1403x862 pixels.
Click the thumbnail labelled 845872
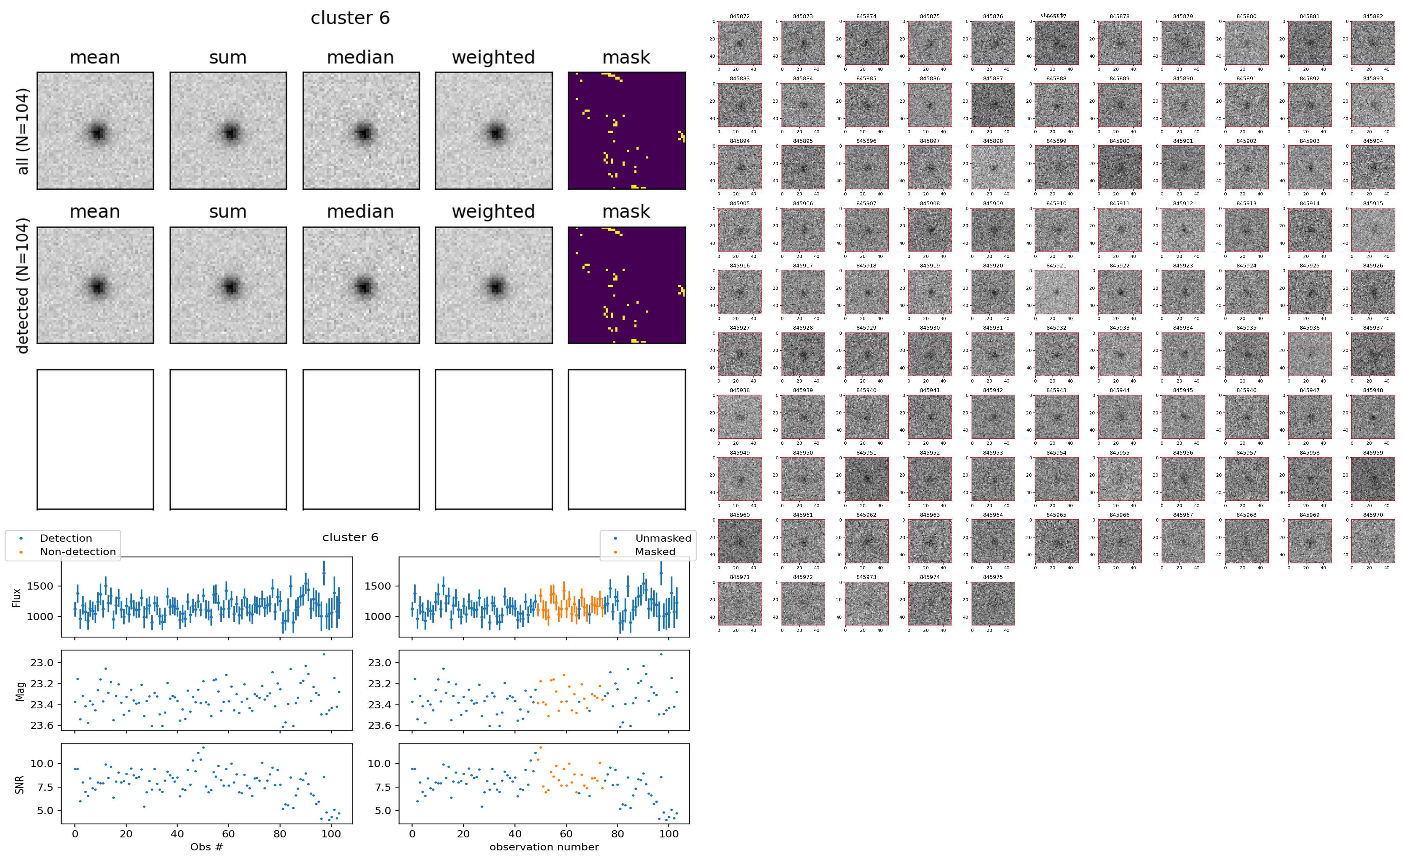739,43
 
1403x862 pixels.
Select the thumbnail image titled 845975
993,603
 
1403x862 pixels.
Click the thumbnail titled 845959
1373,479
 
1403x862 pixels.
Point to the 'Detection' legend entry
66,538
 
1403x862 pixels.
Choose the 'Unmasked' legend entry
663,538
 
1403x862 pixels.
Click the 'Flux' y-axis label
17,597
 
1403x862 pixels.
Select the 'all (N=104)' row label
23,131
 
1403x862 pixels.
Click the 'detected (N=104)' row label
23,285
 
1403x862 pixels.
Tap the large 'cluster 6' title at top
350,18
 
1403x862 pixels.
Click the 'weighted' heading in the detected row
493,211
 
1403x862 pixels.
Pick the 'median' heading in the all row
360,58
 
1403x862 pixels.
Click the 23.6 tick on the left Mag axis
42,726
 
